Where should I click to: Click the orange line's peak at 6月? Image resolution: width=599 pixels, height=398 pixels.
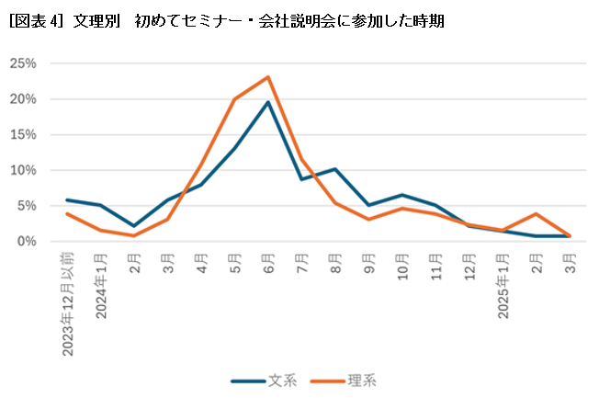[x=267, y=77]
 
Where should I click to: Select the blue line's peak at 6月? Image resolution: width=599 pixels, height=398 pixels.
[x=267, y=102]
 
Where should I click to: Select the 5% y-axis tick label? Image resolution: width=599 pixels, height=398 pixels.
[x=27, y=206]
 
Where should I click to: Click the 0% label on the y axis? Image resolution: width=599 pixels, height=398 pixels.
[x=27, y=241]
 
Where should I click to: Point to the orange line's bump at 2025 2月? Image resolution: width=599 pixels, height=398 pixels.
[x=536, y=213]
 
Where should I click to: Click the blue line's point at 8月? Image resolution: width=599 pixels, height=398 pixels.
[x=334, y=169]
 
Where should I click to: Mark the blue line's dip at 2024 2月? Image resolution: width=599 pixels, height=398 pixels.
[x=134, y=225]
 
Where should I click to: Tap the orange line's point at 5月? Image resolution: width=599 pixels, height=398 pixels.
[x=234, y=99]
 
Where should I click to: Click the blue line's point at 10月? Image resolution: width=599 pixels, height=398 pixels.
[x=401, y=195]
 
